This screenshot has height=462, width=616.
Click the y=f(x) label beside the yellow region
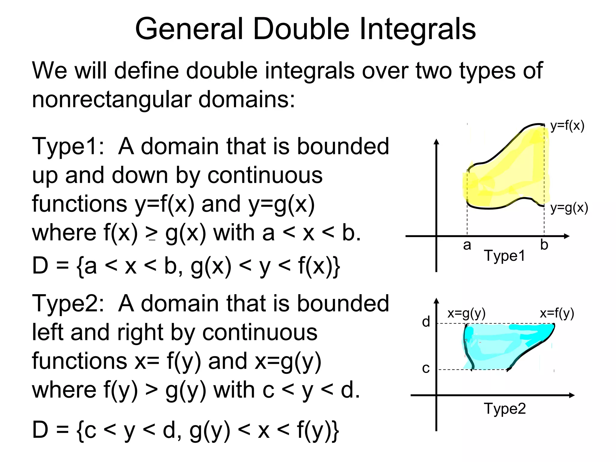567,126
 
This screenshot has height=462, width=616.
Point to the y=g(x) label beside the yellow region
569,208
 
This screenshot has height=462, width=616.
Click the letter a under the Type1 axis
467,245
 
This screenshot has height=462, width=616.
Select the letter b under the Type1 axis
544,245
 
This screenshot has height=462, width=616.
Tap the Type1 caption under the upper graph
504,256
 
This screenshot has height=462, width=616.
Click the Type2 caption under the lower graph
505,409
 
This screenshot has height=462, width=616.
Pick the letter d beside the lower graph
426,322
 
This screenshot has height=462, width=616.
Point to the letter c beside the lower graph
426,368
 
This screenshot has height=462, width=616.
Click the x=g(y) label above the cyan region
467,314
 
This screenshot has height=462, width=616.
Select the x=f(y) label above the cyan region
557,314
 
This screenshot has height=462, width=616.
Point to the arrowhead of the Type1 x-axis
567,236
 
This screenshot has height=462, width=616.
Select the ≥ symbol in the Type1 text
151,234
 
